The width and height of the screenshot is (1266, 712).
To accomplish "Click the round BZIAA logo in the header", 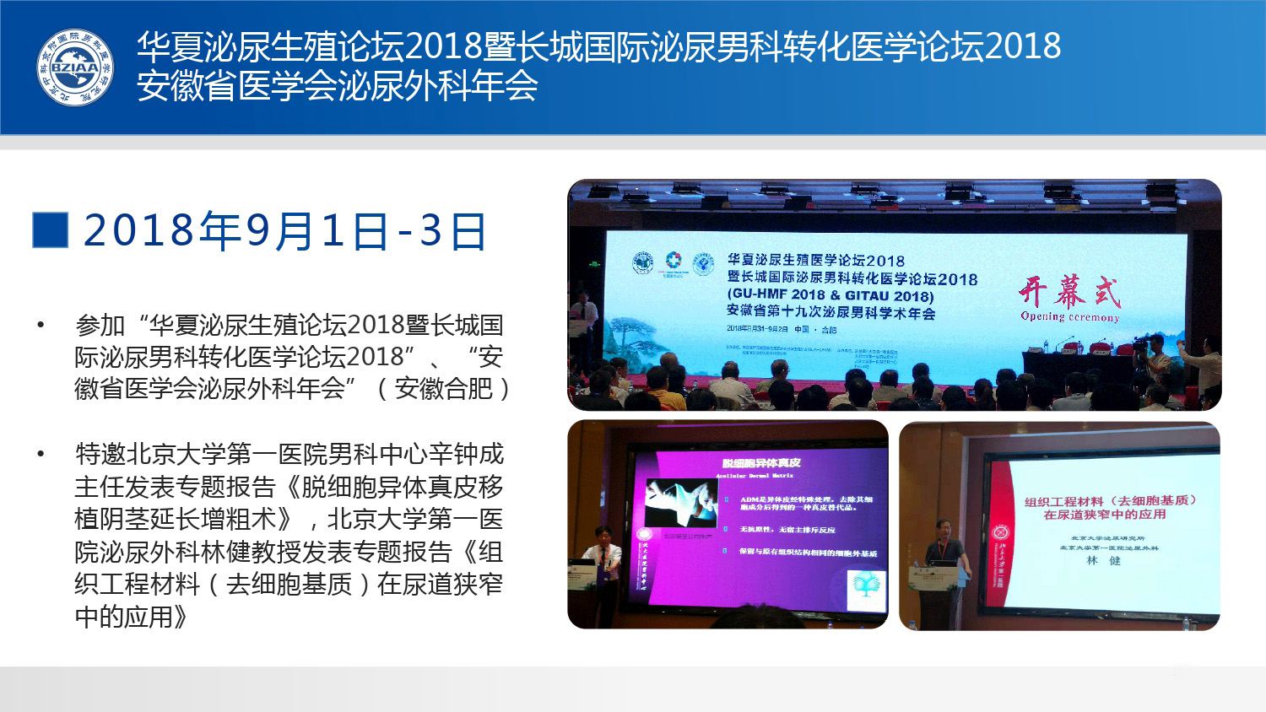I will tap(75, 67).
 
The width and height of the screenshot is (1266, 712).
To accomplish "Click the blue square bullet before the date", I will tap(50, 230).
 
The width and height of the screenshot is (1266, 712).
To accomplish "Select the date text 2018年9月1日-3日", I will tap(285, 231).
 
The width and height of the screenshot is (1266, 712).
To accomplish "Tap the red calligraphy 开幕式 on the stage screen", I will tap(1069, 292).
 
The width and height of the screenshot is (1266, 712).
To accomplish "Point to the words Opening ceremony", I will tap(1069, 317).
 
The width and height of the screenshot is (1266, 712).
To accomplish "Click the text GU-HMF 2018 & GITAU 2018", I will tap(830, 295).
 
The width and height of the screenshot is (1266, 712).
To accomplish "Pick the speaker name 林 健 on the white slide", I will tap(1103, 560).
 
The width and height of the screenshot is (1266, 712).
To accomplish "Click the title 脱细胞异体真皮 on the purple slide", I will tap(761, 462).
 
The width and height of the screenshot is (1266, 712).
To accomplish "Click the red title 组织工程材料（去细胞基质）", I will tap(1110, 501).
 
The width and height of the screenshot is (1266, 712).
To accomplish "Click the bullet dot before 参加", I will tap(41, 325).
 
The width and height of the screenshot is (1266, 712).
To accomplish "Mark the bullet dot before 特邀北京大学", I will tap(41, 455).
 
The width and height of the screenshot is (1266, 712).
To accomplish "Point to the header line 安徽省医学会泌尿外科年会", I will tap(337, 87).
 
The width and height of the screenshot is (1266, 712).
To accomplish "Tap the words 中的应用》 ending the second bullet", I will tap(131, 617).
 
